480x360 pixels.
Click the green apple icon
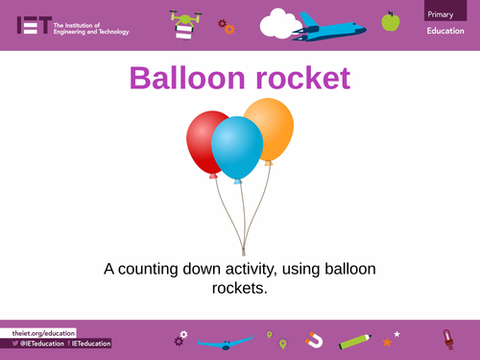point(391,21)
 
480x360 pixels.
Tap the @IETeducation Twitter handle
point(38,343)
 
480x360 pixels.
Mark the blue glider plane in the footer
point(225,341)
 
